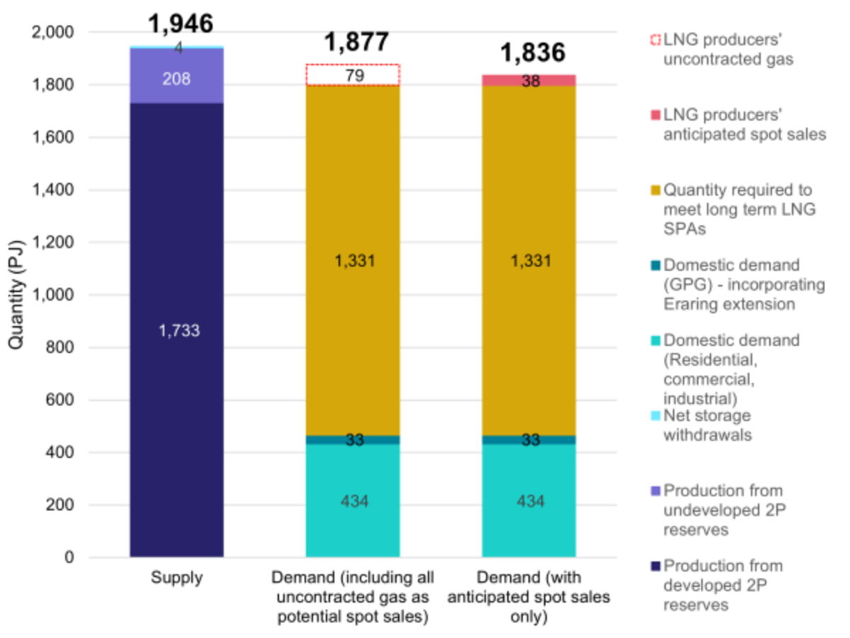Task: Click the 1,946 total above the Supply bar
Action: tap(180, 23)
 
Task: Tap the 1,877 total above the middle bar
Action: tap(356, 42)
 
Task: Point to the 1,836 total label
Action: tap(533, 52)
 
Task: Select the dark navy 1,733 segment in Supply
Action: tap(176, 330)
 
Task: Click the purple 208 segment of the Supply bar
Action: tap(176, 79)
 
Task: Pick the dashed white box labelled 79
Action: tap(353, 75)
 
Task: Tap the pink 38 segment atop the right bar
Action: tap(529, 80)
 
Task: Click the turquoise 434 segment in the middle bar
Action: tap(353, 501)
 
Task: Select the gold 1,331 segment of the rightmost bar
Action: tap(529, 261)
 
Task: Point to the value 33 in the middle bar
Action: tap(355, 440)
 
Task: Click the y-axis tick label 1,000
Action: tap(56, 296)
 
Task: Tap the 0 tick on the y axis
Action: tap(69, 558)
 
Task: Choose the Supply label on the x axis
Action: tap(176, 578)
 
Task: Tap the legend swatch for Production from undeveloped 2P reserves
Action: tap(654, 491)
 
